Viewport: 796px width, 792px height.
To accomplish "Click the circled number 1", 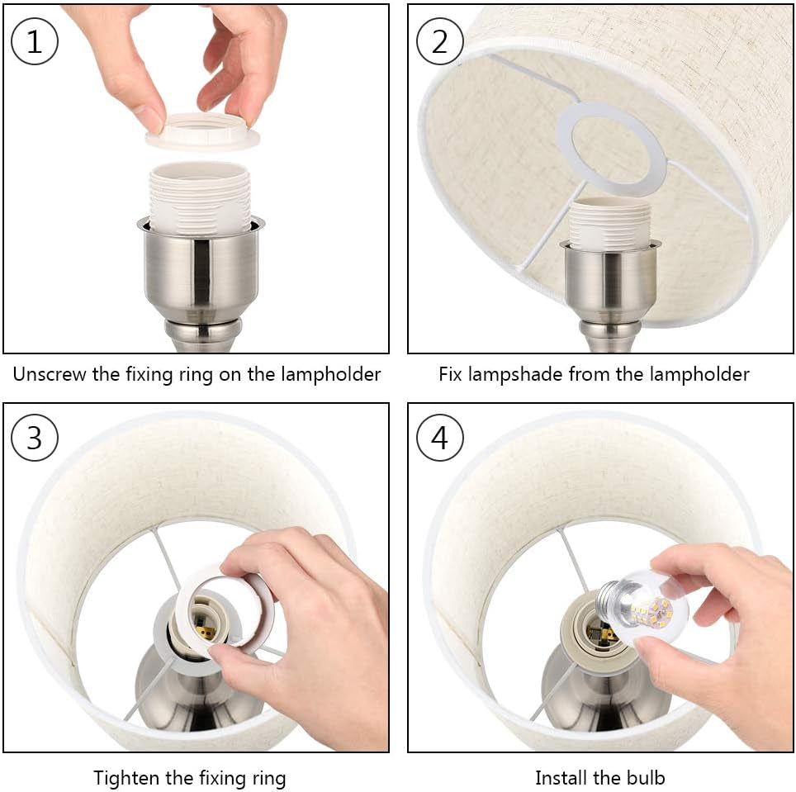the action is tap(35, 41).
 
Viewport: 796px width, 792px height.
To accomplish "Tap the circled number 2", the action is tap(439, 41).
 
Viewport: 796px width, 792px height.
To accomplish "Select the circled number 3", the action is tap(35, 438).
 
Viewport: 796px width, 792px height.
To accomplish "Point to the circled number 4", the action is tap(439, 438).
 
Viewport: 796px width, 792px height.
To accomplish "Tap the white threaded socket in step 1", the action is tap(200, 197).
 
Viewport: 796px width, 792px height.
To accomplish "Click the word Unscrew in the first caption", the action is tap(50, 375).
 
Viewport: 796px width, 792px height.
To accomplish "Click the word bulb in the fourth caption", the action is tap(645, 778).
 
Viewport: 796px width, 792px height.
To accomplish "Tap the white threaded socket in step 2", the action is tap(609, 223).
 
